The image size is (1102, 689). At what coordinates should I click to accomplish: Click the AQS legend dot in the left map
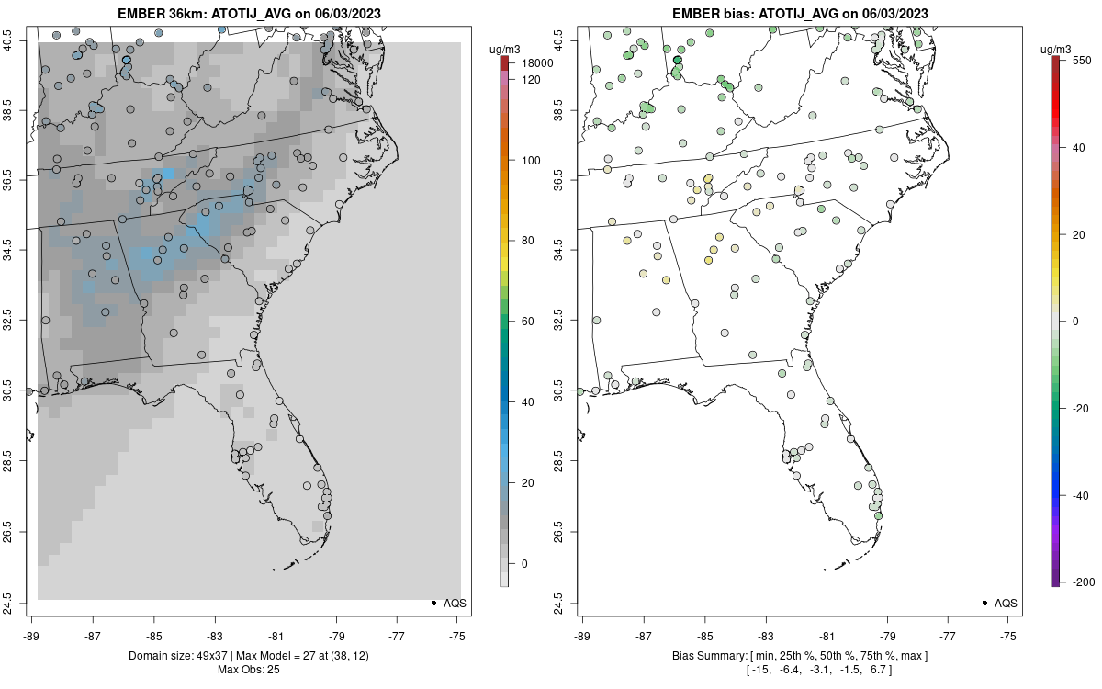[433, 603]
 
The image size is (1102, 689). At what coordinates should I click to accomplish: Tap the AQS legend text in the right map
[1006, 603]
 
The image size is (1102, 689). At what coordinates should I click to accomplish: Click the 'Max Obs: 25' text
[249, 669]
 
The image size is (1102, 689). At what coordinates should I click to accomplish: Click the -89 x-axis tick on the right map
[583, 634]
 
